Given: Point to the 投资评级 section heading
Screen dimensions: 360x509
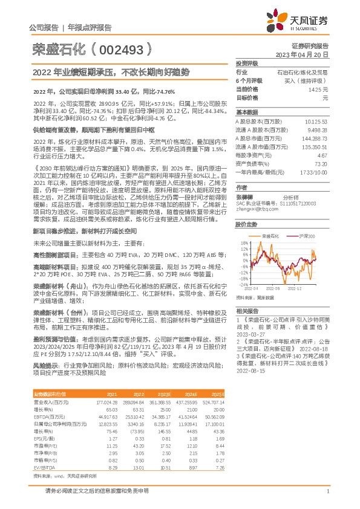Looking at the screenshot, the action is [x=247, y=63].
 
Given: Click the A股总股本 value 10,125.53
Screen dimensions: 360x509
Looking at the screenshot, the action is [x=315, y=121].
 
